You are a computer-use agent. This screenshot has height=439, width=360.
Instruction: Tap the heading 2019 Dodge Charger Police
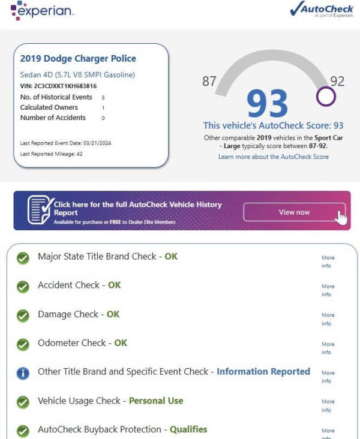point(78,59)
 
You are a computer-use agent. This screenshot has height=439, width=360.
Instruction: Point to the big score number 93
point(267,104)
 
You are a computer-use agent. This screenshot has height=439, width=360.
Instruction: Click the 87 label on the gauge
point(209,81)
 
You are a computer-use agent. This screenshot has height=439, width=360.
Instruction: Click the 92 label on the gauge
point(337,81)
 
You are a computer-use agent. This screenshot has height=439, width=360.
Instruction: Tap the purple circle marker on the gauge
point(325,97)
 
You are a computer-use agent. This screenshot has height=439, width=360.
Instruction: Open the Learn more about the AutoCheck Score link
point(274,157)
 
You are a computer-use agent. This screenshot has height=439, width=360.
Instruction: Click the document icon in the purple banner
point(40,210)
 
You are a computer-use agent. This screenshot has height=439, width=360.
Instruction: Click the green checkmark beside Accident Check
point(23,287)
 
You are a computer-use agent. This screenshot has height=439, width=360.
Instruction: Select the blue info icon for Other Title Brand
point(23,373)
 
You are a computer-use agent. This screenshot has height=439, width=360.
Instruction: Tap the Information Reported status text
point(263,372)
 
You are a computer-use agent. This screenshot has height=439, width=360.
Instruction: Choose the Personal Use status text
point(156,401)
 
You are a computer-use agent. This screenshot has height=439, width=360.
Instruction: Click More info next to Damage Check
point(328,319)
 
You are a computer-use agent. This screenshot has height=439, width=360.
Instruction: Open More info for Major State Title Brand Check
point(328,261)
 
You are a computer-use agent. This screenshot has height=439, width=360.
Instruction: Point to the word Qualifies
point(188,429)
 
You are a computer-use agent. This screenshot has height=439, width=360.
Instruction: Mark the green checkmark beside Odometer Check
point(23,344)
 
